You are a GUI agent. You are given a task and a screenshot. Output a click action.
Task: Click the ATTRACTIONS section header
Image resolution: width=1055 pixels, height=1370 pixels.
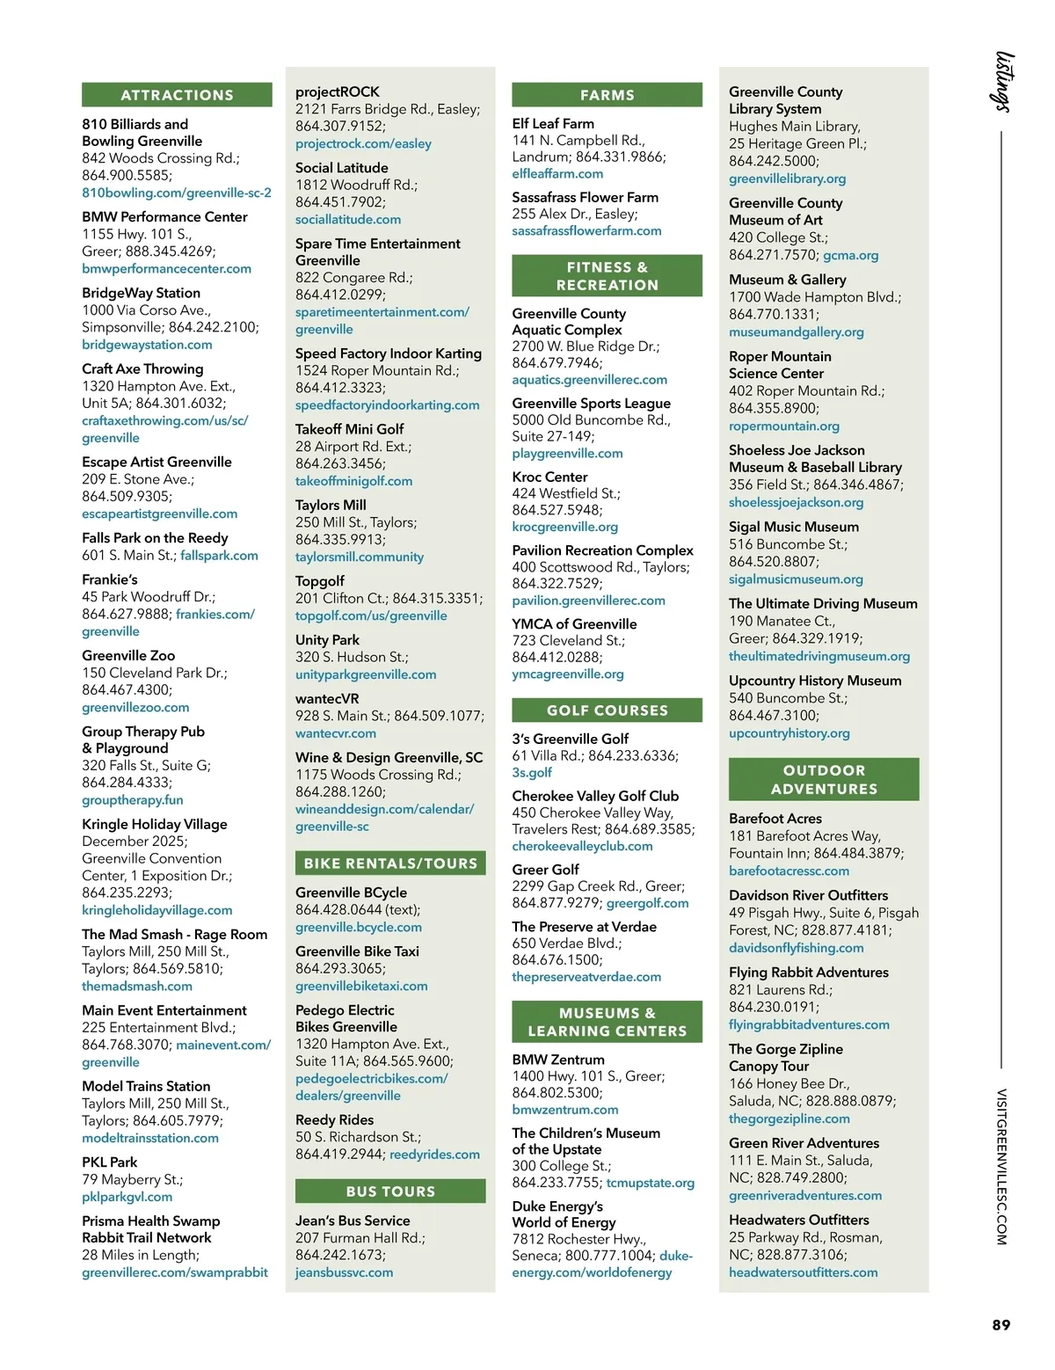point(177,95)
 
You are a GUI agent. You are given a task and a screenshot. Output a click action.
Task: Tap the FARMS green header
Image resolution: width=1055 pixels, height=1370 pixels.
point(607,95)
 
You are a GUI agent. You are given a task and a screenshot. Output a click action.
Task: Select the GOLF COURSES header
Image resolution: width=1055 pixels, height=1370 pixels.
point(607,711)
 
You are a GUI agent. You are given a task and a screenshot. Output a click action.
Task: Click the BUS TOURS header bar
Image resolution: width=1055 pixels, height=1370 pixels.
point(390,1191)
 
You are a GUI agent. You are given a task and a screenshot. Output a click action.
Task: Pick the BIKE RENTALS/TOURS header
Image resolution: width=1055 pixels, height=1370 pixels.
point(390,864)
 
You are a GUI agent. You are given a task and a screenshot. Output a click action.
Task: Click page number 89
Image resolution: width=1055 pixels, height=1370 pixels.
point(1001,1325)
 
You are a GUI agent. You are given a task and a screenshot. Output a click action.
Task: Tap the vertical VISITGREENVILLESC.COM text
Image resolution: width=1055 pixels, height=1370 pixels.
point(1001,1167)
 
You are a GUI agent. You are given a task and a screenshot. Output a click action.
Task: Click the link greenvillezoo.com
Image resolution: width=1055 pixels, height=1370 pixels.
point(135,708)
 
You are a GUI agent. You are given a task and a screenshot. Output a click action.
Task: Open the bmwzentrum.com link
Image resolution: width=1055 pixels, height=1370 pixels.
point(565,1110)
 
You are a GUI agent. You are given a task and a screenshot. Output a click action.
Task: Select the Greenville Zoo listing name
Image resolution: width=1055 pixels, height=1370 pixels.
point(128,656)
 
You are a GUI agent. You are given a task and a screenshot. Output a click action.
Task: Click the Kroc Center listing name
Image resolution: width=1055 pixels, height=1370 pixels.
point(549,477)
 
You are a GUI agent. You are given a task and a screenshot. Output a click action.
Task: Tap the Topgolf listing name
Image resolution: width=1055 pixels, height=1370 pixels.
point(320,581)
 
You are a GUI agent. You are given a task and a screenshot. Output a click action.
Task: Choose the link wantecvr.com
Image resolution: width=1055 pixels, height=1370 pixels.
point(336,733)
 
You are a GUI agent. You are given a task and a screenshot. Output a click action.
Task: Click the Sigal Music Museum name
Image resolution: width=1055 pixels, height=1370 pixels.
point(794,527)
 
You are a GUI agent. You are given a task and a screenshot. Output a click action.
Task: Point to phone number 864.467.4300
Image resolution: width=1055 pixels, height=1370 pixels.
point(127,690)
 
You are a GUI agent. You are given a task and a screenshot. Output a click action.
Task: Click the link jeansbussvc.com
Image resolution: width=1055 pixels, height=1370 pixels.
point(344,1272)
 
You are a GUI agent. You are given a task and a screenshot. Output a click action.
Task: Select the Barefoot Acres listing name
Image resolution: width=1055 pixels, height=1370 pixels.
point(775,819)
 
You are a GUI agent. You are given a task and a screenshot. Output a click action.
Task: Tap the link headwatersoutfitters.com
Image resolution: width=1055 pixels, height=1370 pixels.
point(803,1272)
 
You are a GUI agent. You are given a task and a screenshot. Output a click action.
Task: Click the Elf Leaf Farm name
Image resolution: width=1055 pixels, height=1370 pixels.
point(553,124)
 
